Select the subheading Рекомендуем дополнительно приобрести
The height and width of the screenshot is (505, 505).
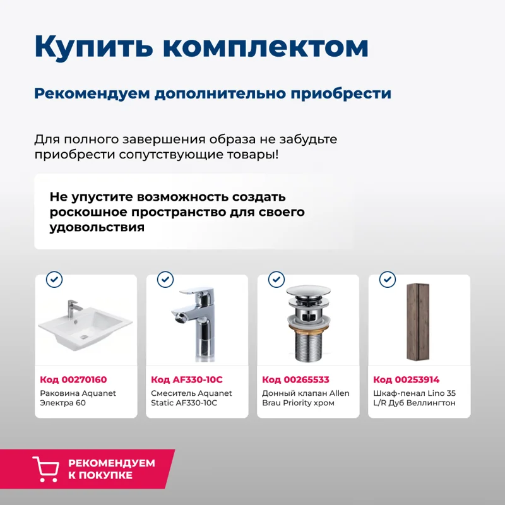[x=213, y=93]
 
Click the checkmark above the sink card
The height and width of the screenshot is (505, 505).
[x=54, y=279]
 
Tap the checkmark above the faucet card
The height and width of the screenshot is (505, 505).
[x=165, y=279]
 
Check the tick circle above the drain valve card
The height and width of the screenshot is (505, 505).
[x=276, y=279]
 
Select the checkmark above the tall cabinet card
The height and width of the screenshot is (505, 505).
[x=387, y=279]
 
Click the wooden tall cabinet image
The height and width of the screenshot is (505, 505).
[x=418, y=323]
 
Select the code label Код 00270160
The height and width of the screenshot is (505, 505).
[x=73, y=379]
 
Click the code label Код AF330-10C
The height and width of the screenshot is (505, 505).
[x=187, y=379]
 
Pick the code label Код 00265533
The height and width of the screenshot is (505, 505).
[x=295, y=379]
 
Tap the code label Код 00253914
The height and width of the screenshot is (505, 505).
[x=406, y=379]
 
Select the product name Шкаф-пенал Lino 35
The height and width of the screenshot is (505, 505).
[x=414, y=398]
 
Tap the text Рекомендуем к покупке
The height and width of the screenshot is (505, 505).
[x=111, y=469]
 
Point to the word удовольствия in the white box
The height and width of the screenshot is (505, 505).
[x=97, y=227]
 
